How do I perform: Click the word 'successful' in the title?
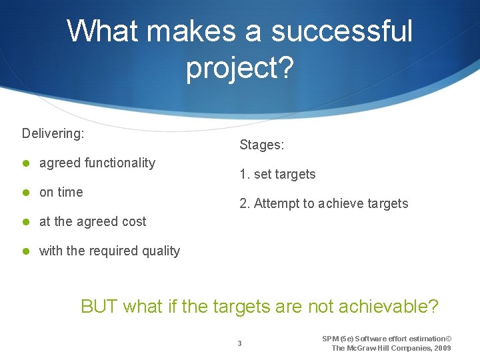[x=341, y=31]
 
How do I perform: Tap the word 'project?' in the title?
[x=239, y=68]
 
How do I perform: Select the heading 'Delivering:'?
[x=53, y=133]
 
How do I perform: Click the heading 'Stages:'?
[x=262, y=145]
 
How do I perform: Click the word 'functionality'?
[x=119, y=163]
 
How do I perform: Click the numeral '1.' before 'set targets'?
[x=245, y=174]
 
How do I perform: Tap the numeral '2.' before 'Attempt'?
[x=245, y=203]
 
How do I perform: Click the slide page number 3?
[x=240, y=343]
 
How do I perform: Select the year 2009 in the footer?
[x=442, y=348]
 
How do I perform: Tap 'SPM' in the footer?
[x=331, y=339]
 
